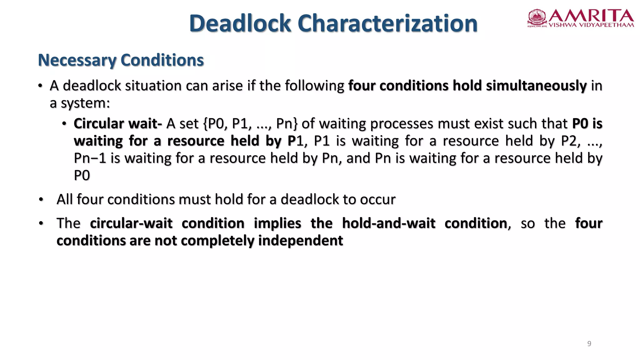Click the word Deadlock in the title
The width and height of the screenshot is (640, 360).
240,23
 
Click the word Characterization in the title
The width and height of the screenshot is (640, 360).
387,23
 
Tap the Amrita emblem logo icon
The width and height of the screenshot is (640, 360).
537,17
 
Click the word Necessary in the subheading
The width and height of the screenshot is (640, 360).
77,60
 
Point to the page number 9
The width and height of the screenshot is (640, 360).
589,344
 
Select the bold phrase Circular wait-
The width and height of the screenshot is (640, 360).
118,124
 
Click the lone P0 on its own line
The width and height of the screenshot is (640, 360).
82,175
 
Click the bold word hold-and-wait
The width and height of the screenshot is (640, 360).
388,223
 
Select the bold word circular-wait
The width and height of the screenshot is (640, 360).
131,223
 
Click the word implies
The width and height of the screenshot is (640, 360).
277,223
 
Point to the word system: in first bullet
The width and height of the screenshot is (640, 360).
85,103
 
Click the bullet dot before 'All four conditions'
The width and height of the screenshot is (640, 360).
41,199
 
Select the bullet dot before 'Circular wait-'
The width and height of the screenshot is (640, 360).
64,124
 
